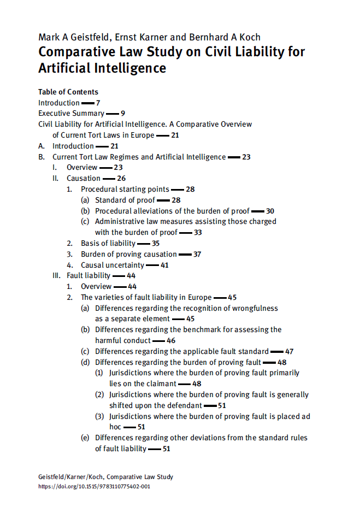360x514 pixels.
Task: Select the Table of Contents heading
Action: pyautogui.click(x=68, y=92)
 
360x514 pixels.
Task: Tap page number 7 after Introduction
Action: pyautogui.click(x=98, y=103)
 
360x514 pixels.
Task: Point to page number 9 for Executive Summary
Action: pyautogui.click(x=123, y=114)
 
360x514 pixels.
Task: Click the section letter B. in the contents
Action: pyautogui.click(x=42, y=157)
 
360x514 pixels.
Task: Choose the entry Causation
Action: pyautogui.click(x=84, y=178)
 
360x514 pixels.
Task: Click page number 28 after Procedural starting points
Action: pyautogui.click(x=190, y=189)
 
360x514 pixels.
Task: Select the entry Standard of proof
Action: pyautogui.click(x=125, y=200)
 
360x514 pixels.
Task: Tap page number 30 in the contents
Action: pyautogui.click(x=270, y=211)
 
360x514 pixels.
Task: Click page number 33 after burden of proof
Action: pyautogui.click(x=198, y=232)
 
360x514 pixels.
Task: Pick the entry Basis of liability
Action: pyautogui.click(x=108, y=243)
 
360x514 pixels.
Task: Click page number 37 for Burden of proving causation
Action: pyautogui.click(x=197, y=254)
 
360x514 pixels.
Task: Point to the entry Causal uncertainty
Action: pyautogui.click(x=113, y=265)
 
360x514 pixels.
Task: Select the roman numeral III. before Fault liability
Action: pyautogui.click(x=57, y=276)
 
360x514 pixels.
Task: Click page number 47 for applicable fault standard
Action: pyautogui.click(x=290, y=351)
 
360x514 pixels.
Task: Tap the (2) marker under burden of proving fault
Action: pyautogui.click(x=99, y=394)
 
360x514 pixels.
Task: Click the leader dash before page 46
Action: pyautogui.click(x=158, y=341)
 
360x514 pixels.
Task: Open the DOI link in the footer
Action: pyautogui.click(x=94, y=486)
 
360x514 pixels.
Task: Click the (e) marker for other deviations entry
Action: pyautogui.click(x=85, y=438)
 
